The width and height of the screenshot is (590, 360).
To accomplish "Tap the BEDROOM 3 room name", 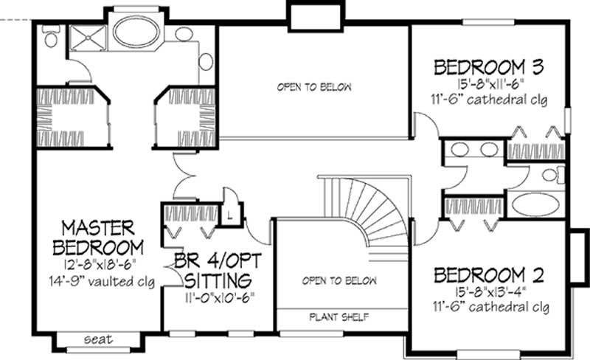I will [488, 68].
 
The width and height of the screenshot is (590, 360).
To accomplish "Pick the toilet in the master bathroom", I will [51, 36].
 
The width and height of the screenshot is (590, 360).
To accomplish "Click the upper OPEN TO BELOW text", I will [314, 87].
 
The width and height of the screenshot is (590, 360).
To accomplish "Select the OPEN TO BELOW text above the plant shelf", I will [339, 281].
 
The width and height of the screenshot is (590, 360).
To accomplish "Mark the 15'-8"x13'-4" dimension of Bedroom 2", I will [489, 292].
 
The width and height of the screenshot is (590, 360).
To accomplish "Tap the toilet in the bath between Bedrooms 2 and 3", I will [549, 175].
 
